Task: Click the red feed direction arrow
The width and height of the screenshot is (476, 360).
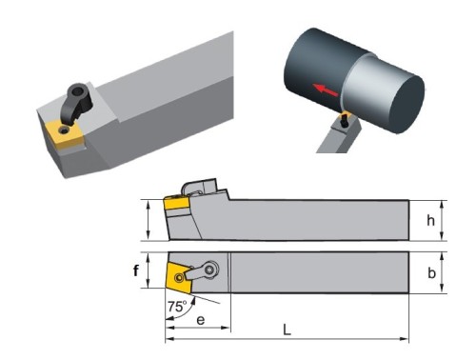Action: pos(325,90)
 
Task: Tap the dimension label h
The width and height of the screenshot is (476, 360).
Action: pos(430,220)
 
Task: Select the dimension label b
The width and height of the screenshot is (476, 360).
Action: pos(431,272)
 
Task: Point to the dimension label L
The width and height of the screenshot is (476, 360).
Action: pos(287,330)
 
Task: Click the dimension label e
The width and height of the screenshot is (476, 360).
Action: pos(201,320)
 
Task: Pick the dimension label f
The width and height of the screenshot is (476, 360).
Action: pos(136,270)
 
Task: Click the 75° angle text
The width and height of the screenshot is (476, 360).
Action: pos(177,307)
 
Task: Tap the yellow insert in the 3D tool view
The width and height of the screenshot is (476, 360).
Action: pos(65,134)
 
